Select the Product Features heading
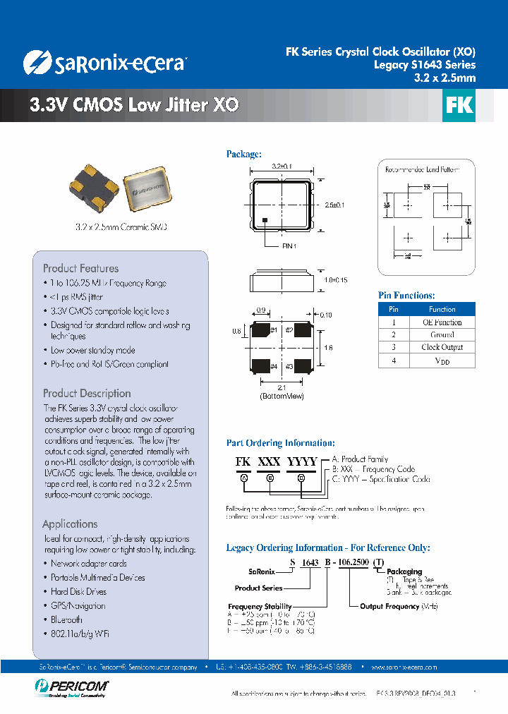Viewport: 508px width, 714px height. point(80,268)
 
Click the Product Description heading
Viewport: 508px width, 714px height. point(87,393)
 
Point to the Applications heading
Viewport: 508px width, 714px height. point(70,524)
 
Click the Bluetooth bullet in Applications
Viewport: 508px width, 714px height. point(66,619)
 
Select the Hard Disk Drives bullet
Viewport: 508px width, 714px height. point(78,591)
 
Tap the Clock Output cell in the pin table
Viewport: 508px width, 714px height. point(442,347)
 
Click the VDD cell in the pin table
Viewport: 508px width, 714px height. point(442,361)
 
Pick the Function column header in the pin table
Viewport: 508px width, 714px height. point(442,309)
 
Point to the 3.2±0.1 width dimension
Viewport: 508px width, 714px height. point(282,167)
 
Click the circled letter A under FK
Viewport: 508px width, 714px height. point(244,478)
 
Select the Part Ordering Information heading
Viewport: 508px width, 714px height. point(280,443)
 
